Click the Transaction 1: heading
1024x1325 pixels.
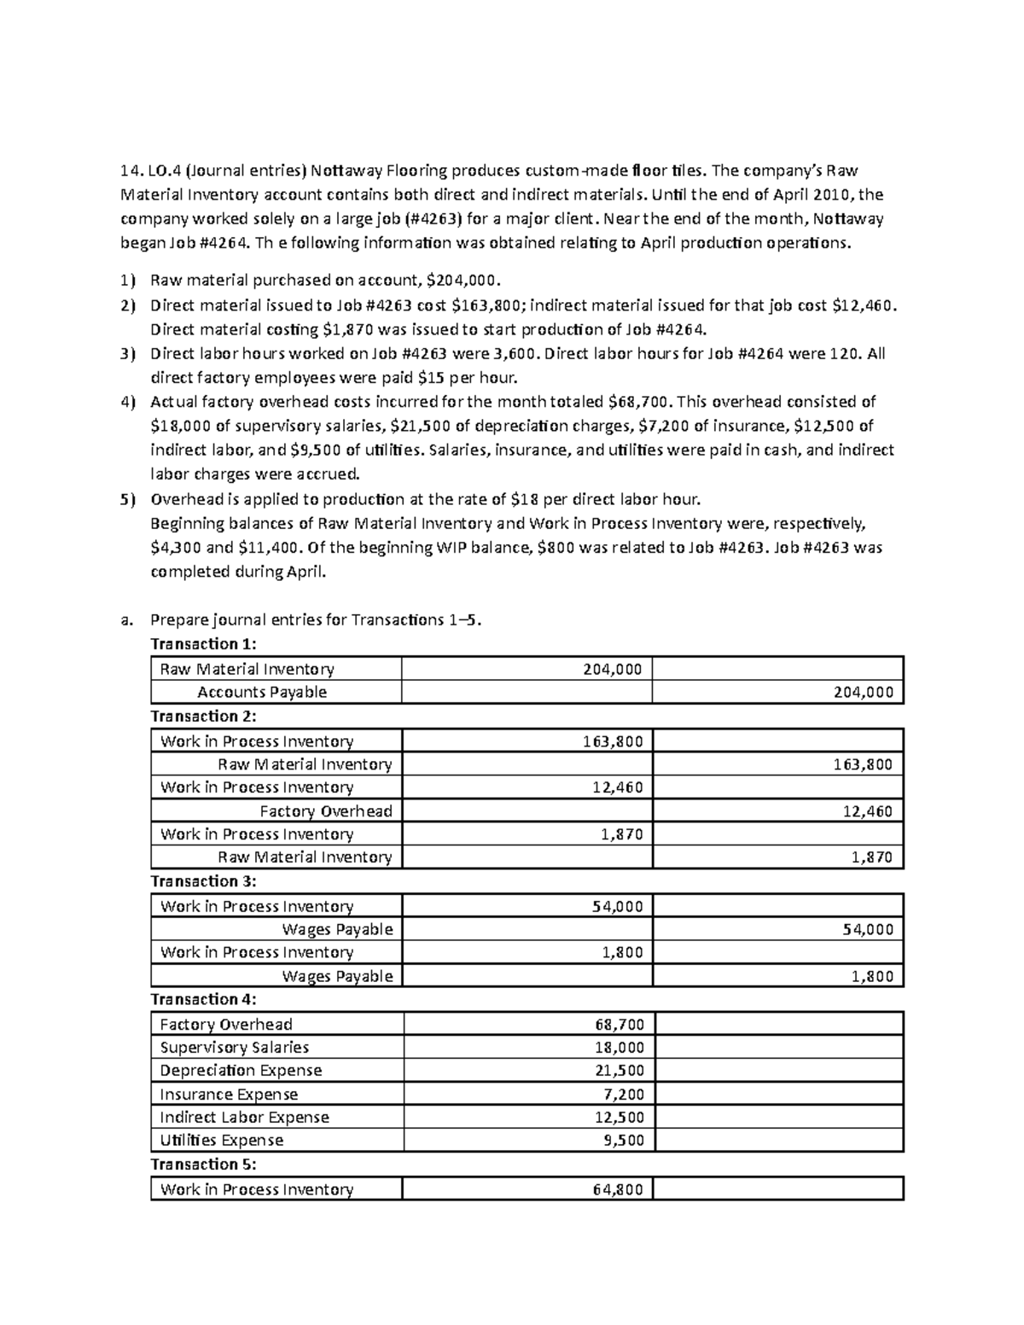click(203, 644)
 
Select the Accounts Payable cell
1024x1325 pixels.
click(262, 692)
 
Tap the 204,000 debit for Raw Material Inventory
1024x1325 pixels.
click(612, 670)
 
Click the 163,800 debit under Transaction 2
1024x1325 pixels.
click(612, 741)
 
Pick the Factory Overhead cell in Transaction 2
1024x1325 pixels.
click(326, 811)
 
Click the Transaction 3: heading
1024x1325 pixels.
click(203, 881)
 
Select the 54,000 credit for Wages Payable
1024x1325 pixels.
click(867, 929)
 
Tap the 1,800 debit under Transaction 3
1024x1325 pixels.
click(622, 952)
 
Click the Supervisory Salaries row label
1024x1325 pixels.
click(234, 1048)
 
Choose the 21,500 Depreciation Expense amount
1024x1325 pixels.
click(619, 1071)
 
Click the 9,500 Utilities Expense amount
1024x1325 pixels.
click(622, 1140)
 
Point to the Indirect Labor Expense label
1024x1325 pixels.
click(244, 1117)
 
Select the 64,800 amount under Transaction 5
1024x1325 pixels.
click(617, 1189)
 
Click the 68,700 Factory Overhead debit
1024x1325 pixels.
click(619, 1025)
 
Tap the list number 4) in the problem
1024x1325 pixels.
click(128, 402)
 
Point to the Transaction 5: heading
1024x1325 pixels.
click(203, 1165)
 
